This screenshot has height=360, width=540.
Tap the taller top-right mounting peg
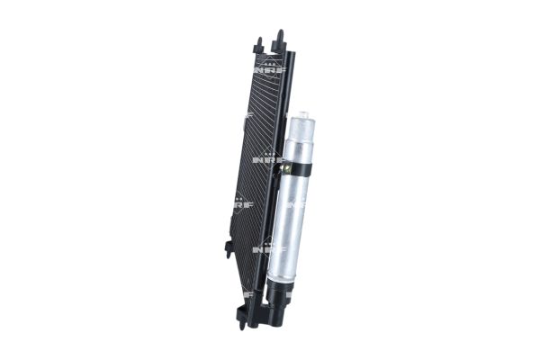coord(279,38)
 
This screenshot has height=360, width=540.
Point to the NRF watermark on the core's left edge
coord(242,205)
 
